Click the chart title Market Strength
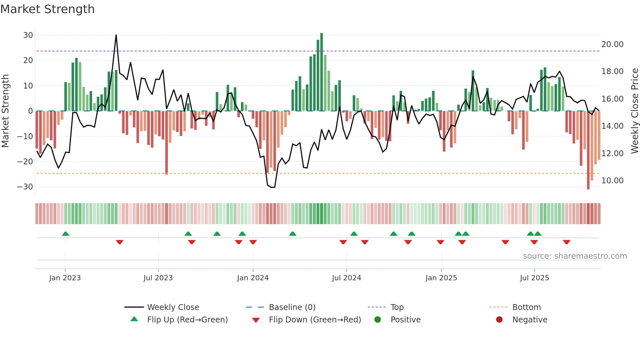pos(47,9)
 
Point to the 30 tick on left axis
pos(28,35)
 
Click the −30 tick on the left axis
pos(25,187)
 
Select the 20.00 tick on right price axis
pos(612,44)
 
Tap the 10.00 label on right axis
pos(612,181)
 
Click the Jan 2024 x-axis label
pos(253,278)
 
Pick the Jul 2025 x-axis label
pos(534,278)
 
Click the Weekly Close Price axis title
pos(634,111)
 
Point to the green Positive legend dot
pos(377,320)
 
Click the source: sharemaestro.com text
pos(575,256)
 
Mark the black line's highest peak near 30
pos(116,35)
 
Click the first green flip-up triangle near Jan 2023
pos(66,234)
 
